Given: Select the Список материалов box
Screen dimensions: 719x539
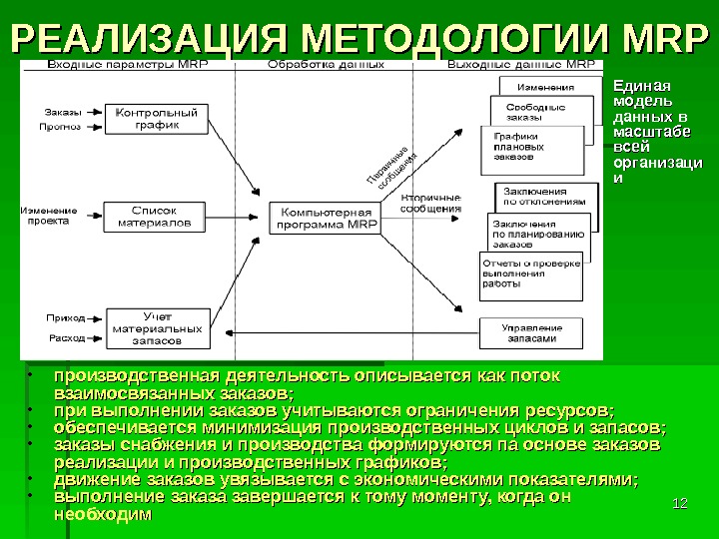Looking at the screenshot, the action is click(155, 217).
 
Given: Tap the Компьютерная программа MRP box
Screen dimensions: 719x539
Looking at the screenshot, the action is click(328, 219).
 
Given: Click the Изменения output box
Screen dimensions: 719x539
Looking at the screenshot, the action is click(544, 87).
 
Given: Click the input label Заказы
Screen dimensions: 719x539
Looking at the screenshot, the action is click(63, 111).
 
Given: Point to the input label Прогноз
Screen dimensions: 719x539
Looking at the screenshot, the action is click(60, 127).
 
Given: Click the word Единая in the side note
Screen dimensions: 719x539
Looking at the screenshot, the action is click(640, 87).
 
